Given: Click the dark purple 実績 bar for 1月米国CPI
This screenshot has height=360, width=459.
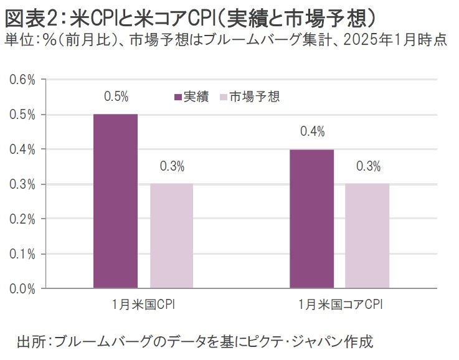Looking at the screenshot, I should point(115,201).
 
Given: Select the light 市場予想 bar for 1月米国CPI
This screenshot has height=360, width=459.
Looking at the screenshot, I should point(172,236).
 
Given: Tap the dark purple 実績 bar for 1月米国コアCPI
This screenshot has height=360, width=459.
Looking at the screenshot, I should point(311,219).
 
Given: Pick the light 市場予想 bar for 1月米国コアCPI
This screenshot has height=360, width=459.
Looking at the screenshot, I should point(367,236).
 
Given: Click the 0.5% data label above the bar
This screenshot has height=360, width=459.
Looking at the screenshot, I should point(116,97).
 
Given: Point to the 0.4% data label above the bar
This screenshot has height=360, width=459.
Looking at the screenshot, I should point(312,132).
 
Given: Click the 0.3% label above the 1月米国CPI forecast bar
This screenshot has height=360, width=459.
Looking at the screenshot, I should point(172,167).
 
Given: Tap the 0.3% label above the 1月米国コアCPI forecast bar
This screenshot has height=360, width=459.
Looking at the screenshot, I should point(368,167).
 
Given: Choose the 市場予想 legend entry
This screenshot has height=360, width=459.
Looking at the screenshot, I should point(248,97).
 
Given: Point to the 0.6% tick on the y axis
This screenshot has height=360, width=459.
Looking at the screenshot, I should point(22,80).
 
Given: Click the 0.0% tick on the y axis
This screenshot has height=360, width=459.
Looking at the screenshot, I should point(22,288).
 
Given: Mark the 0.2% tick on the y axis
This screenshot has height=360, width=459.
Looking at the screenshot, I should point(22,219).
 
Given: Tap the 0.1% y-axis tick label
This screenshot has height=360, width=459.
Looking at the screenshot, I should point(22,254).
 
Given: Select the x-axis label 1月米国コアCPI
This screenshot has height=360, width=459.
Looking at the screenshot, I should point(339,305).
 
